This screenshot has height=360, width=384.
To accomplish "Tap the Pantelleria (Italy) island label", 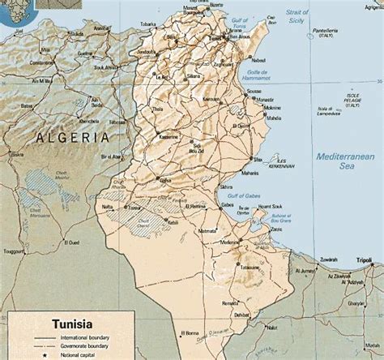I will point(326,34).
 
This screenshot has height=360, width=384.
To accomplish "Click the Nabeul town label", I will point(260,60).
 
